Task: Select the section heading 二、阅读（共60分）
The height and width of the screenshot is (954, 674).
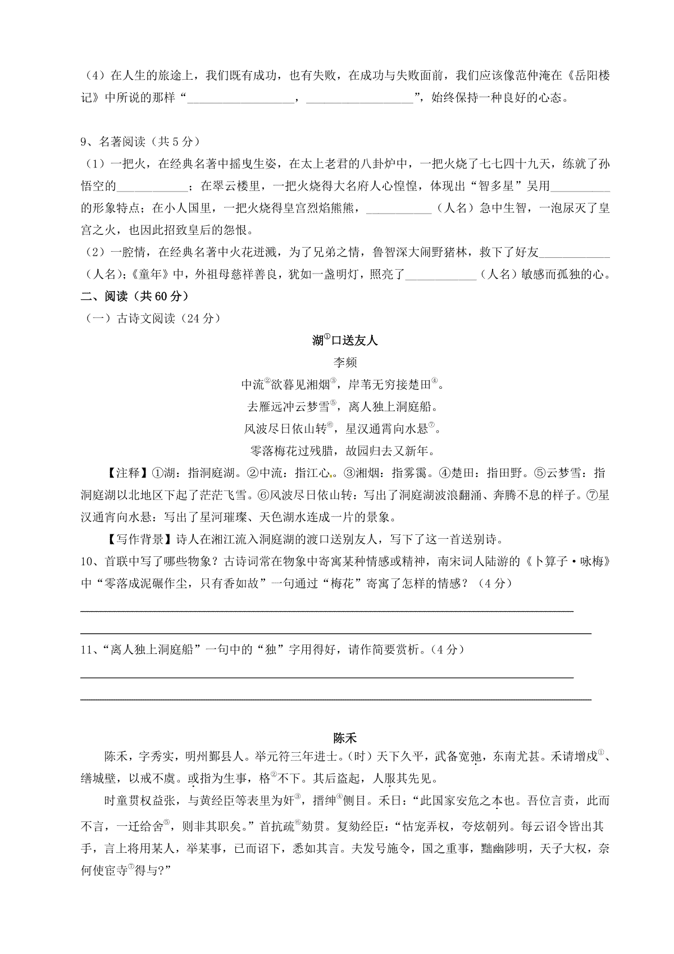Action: [134, 296]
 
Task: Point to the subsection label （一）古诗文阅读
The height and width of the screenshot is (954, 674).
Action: [149, 319]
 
